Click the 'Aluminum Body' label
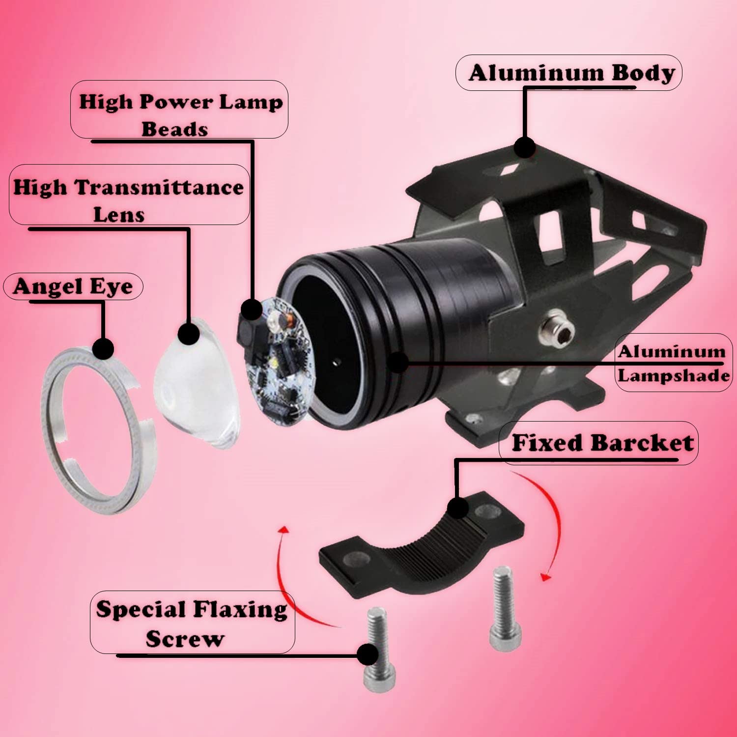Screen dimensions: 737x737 tap(572, 73)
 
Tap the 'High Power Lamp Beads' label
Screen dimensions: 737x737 tap(180, 114)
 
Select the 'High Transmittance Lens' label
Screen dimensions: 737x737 tap(128, 200)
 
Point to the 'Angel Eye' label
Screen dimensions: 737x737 tap(73, 286)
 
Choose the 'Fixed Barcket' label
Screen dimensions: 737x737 tap(602, 443)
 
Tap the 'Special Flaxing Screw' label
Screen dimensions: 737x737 tap(192, 624)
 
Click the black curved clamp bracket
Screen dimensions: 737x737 tap(423, 544)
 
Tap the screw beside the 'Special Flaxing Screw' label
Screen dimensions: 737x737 tap(378, 649)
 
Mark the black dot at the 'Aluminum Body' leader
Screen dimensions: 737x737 tap(524, 147)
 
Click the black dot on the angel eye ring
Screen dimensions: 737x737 tap(103, 349)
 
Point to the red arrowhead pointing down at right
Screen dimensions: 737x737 tap(545, 576)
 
